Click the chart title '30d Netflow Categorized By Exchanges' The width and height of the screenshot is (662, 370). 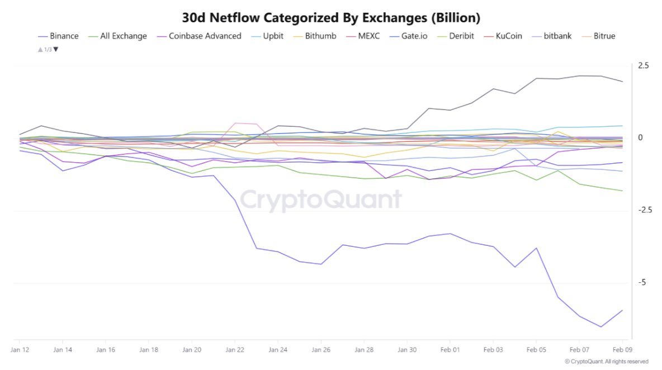pyautogui.click(x=331, y=17)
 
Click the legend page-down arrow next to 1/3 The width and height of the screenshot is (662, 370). pyautogui.click(x=55, y=50)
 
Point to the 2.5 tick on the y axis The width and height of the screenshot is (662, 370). pyautogui.click(x=643, y=66)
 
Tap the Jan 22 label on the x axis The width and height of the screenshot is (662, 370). pyautogui.click(x=235, y=350)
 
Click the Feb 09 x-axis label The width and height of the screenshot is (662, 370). pyautogui.click(x=622, y=350)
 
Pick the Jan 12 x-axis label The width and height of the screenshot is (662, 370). pyautogui.click(x=20, y=350)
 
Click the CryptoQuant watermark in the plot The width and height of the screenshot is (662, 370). pyautogui.click(x=321, y=200)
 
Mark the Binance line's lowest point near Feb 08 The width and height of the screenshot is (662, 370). pyautogui.click(x=601, y=326)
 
